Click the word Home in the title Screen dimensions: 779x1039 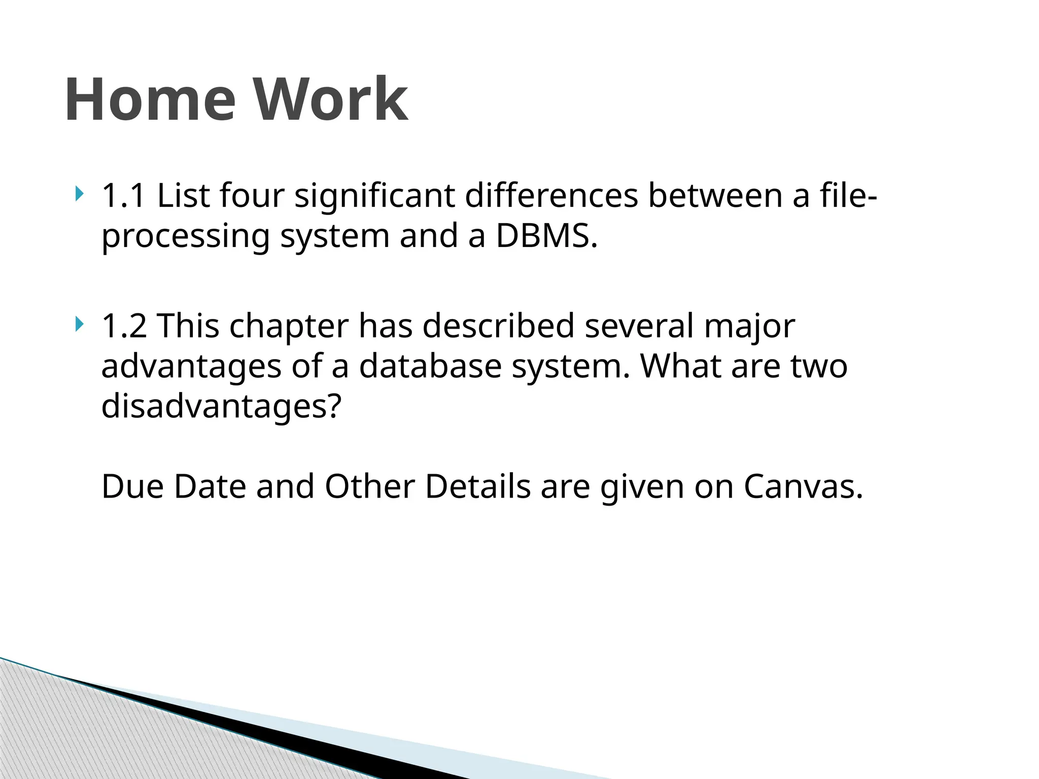(150, 99)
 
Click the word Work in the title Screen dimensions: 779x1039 (331, 99)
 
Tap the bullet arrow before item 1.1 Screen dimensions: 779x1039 (78, 194)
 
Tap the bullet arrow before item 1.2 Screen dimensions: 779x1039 (78, 324)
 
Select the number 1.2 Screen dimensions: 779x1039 (124, 326)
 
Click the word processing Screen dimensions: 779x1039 (186, 237)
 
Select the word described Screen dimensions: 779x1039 (498, 326)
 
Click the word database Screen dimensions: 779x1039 (430, 366)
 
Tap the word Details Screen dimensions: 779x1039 (478, 487)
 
